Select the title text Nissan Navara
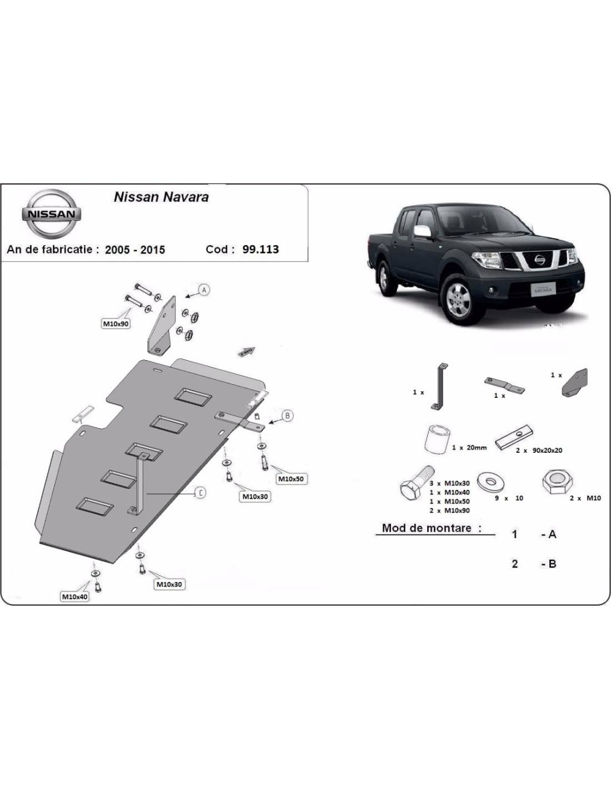point(162,197)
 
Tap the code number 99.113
point(261,249)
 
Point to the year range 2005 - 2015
point(135,250)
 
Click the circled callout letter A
point(204,290)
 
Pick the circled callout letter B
point(288,416)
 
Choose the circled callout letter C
point(201,493)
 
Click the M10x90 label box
point(116,323)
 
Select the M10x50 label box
point(291,478)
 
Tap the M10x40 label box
point(75,596)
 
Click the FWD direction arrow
point(246,351)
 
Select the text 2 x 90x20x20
point(538,450)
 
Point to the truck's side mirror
point(422,231)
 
